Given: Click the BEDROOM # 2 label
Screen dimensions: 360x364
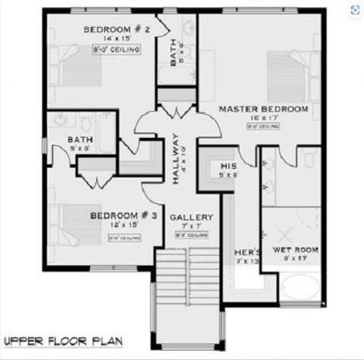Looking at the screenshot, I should [117, 29].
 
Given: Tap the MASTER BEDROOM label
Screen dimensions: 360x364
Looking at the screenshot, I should [263, 109].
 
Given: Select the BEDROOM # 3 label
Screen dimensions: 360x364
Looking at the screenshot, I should [124, 215].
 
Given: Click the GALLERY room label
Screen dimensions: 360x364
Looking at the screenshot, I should [191, 217].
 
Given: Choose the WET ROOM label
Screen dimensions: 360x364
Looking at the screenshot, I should [296, 250].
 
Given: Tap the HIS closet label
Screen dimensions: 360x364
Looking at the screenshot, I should [228, 166].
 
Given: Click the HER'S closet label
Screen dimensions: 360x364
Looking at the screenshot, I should [247, 252].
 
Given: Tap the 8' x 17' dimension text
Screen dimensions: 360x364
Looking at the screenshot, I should [295, 259].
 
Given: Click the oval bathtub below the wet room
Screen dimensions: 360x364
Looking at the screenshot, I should [301, 290].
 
